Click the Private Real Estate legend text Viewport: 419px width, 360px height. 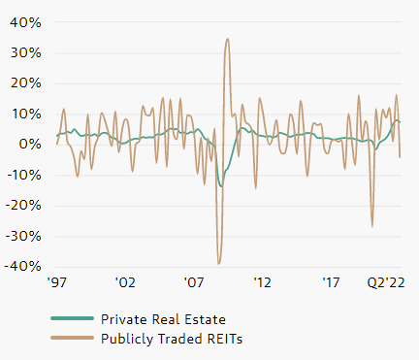tap(165, 318)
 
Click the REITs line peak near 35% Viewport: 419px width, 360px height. tap(227, 40)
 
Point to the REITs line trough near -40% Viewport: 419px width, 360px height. tap(219, 263)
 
